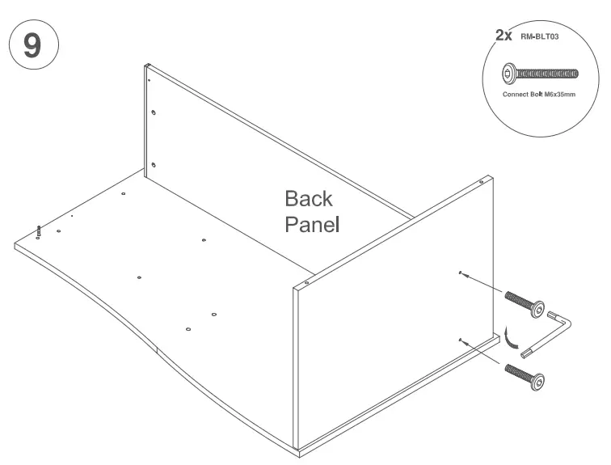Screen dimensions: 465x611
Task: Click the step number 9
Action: pyautogui.click(x=32, y=44)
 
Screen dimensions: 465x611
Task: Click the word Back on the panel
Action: pyautogui.click(x=308, y=199)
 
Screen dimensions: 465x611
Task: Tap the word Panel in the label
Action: pyautogui.click(x=311, y=223)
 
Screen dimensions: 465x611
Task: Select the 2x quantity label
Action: pyautogui.click(x=504, y=35)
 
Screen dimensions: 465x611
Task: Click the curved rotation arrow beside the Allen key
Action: pyautogui.click(x=510, y=336)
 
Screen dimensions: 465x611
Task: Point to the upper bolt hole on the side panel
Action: pyautogui.click(x=460, y=273)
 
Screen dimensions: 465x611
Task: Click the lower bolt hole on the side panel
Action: pyautogui.click(x=460, y=340)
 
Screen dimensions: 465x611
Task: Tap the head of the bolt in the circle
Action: pyautogui.click(x=509, y=74)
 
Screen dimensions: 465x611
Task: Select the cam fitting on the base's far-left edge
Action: pyautogui.click(x=39, y=233)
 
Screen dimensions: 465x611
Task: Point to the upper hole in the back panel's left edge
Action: pyautogui.click(x=154, y=114)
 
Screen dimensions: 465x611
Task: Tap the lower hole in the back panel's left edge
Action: pyautogui.click(x=154, y=165)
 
